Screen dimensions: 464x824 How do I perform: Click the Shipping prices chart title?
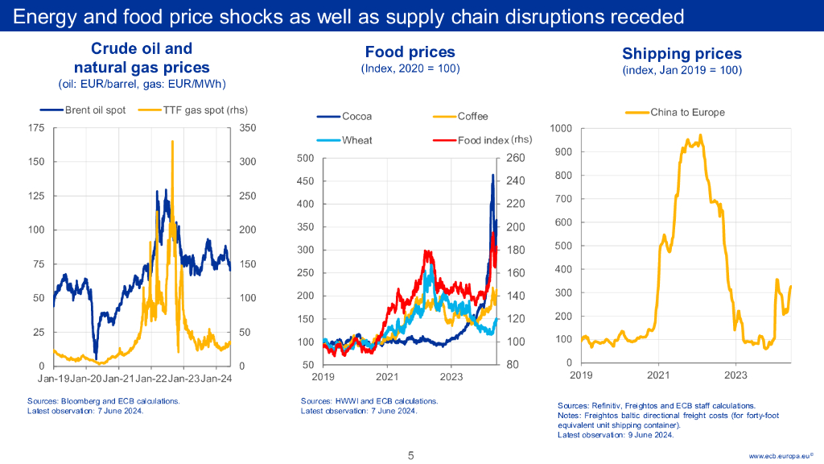[x=682, y=54]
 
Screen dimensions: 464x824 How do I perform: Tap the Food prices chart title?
[x=410, y=52]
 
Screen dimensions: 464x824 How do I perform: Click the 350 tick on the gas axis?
[x=247, y=128]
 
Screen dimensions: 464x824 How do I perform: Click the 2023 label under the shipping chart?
[x=735, y=375]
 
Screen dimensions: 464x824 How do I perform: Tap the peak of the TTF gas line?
[x=172, y=142]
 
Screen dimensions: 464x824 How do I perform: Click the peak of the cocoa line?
[x=492, y=175]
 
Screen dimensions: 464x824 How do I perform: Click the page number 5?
[x=411, y=455]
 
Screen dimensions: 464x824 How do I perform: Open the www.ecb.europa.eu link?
[x=779, y=456]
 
